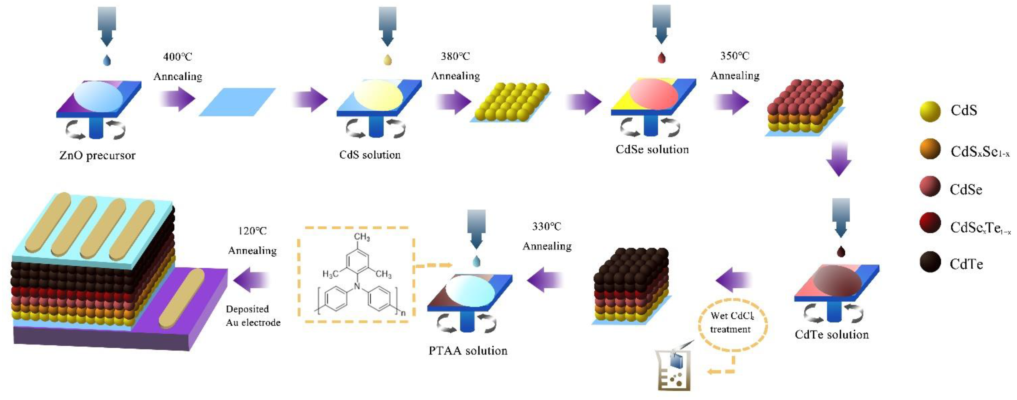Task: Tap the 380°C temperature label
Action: tap(455, 56)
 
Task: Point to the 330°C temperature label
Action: tap(546, 226)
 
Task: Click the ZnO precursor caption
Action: tap(97, 155)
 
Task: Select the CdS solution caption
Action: tap(370, 155)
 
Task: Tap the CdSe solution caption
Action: tap(652, 149)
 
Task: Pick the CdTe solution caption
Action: tap(832, 335)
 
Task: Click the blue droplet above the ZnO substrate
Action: tap(106, 60)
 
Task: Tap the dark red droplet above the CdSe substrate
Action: tap(661, 58)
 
